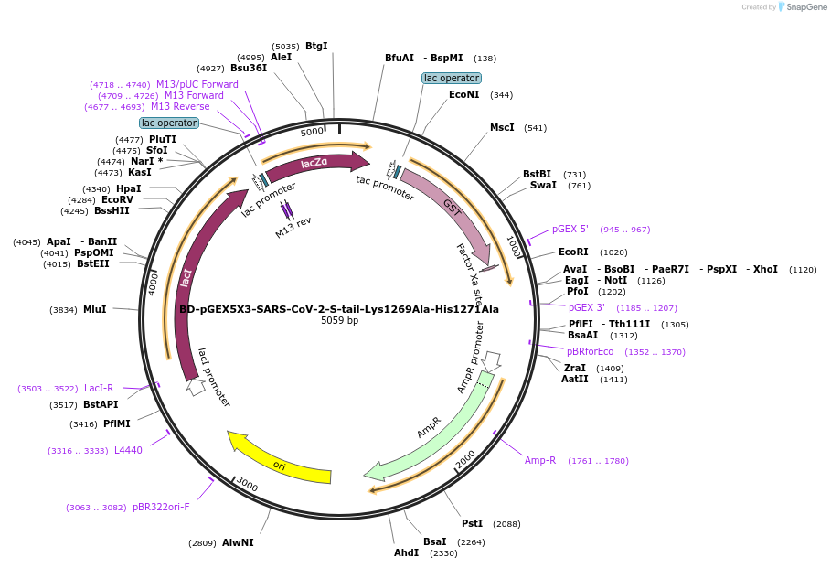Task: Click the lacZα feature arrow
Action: [x=314, y=164]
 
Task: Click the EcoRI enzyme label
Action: [x=573, y=252]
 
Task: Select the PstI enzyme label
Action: [x=472, y=524]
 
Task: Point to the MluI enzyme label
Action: [x=94, y=310]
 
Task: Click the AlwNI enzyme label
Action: [x=238, y=543]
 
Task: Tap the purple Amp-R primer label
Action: [x=540, y=461]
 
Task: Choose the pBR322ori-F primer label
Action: [x=161, y=508]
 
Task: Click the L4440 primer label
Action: [x=128, y=451]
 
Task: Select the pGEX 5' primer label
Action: [x=570, y=230]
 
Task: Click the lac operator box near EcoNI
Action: [x=452, y=79]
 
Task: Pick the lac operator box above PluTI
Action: [x=169, y=123]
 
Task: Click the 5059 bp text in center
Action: [x=339, y=321]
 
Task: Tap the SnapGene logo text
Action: [x=804, y=7]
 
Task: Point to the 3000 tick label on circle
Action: [x=247, y=485]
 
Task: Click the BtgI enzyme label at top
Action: [x=316, y=46]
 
